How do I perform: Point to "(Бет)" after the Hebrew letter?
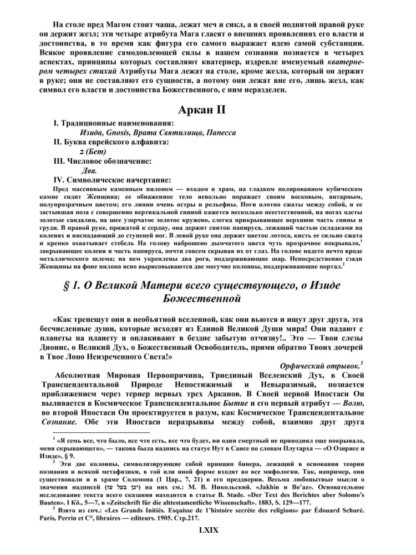95,152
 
